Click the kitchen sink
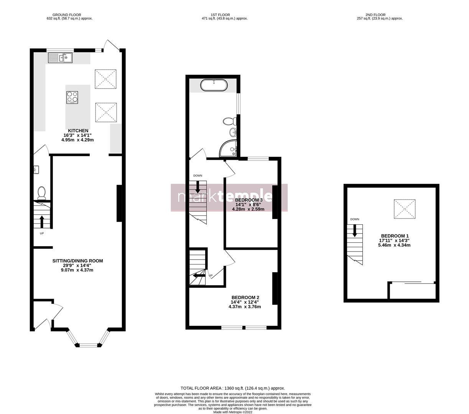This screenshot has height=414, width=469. [x=60, y=58]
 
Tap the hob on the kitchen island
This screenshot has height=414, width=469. [x=72, y=97]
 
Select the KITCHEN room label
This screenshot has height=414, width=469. [x=78, y=131]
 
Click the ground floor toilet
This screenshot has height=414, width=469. [x=41, y=192]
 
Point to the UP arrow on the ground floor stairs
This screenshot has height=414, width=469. [x=42, y=221]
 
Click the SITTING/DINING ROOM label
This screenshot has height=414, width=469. [x=77, y=261]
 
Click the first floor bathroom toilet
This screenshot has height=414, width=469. [x=229, y=122]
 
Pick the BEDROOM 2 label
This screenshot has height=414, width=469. [x=245, y=297]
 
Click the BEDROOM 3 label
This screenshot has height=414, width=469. [x=248, y=200]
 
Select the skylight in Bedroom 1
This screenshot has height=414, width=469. [x=405, y=209]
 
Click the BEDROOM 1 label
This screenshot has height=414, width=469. [x=395, y=236]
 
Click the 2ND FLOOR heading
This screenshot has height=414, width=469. [x=376, y=15]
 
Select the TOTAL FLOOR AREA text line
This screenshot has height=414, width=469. [x=233, y=388]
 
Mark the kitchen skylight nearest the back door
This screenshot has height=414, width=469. [x=105, y=79]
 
